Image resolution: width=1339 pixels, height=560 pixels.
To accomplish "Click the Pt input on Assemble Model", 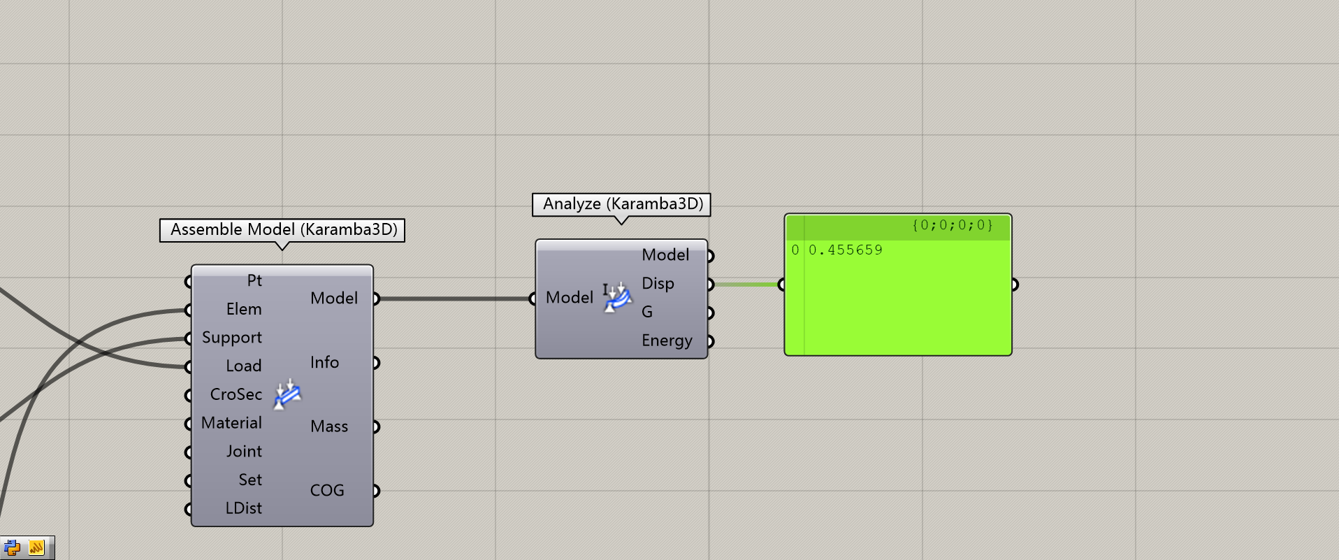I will point(254,281).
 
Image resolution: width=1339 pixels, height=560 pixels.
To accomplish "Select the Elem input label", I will point(244,310).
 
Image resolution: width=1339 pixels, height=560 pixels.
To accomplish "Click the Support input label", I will point(231,338).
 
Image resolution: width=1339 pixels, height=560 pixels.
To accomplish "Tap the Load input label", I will point(243,366).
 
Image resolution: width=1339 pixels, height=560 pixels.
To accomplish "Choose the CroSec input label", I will point(236,395).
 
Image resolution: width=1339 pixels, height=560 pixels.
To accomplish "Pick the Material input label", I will point(231,424).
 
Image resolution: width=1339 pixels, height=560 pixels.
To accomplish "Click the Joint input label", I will point(244,452).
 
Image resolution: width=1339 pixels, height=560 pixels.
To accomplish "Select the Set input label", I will point(249,480).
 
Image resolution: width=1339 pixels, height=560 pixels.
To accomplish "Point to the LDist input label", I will point(243,509).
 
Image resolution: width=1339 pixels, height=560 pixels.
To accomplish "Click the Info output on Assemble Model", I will point(324,363).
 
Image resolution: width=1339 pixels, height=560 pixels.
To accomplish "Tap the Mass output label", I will point(328,427).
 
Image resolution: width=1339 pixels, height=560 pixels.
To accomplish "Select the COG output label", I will point(327,491).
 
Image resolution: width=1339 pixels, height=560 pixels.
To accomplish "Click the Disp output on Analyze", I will point(658,284).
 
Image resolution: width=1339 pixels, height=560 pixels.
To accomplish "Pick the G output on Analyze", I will point(647,313).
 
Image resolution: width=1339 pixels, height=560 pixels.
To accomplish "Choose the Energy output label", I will point(667,341).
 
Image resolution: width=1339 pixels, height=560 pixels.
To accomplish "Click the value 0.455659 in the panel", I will point(845,250).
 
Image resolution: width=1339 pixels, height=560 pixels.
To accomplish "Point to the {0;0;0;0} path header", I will point(952,225).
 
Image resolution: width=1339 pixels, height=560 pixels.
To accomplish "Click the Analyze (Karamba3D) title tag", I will point(622,204).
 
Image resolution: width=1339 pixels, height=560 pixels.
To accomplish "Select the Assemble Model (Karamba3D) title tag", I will point(283,230).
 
